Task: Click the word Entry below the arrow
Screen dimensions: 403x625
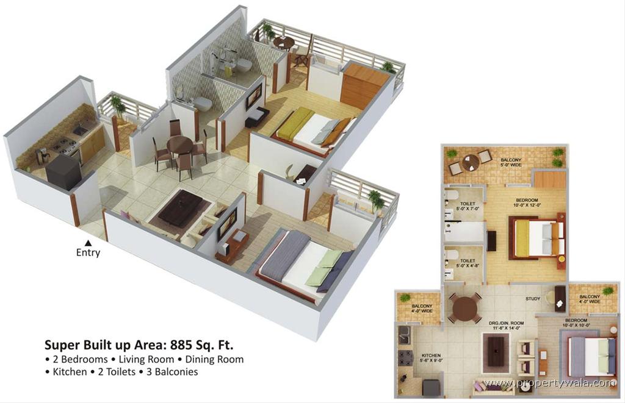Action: click(88, 252)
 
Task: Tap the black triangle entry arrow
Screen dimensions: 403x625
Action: click(88, 243)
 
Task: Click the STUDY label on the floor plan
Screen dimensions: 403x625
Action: click(533, 299)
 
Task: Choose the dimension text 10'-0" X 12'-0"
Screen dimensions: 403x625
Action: click(527, 206)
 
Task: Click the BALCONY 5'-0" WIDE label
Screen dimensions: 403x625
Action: click(511, 160)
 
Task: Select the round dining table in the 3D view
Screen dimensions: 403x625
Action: click(179, 146)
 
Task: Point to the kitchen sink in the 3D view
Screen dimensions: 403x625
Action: click(81, 130)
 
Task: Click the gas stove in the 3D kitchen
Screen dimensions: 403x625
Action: click(63, 146)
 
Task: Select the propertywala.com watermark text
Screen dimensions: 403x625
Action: click(549, 383)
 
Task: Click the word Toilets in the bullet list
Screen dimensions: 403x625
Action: click(120, 371)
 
